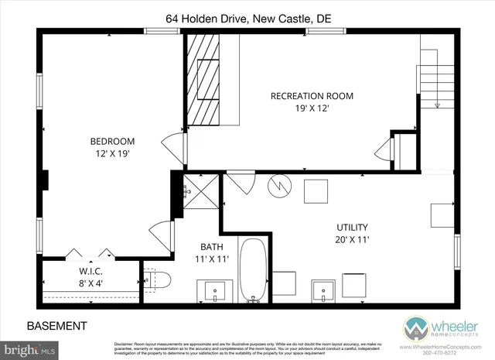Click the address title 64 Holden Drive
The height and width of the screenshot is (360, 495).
[x=247, y=16]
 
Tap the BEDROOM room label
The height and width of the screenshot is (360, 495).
[x=112, y=141]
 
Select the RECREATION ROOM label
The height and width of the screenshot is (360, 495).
[x=312, y=96]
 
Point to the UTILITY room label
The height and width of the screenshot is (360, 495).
[x=352, y=227]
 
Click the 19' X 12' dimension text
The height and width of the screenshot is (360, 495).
[x=312, y=109]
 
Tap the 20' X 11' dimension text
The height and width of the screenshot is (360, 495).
[x=352, y=239]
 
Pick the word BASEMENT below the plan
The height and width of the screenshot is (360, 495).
[x=57, y=326]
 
